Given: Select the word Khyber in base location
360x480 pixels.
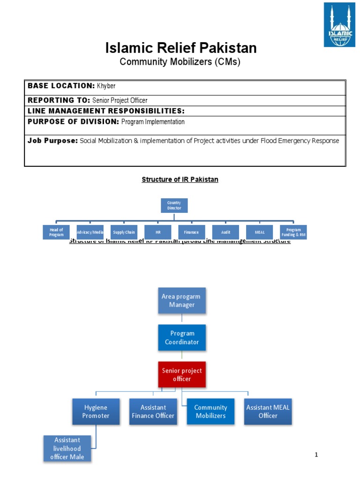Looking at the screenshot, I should pos(106,86).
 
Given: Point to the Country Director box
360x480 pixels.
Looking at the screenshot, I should pos(174,205).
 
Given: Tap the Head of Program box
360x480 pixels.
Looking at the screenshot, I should pos(56,232).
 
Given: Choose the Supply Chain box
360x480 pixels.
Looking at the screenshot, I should pos(124,232).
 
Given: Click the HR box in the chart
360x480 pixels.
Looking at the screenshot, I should pos(157,232).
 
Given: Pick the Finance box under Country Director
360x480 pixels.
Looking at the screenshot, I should pos(191,232).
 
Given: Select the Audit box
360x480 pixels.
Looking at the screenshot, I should pos(226,232).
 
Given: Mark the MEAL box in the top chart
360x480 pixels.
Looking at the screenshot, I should pos(260,232).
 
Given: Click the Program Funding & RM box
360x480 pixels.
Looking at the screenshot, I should pos(293,232).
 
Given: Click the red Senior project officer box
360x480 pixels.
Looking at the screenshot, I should pos(182,375).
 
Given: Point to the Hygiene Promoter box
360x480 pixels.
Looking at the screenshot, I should pos(97,412).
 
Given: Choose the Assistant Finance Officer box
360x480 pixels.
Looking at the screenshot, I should pos(153,412).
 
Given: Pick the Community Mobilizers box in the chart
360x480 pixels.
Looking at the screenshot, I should pos(210,412).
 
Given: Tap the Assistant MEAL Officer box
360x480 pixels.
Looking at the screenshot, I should pos(268,412).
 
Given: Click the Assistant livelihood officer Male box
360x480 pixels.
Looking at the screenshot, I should pos(67,448).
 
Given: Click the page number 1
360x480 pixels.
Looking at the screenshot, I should pos(316,455).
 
